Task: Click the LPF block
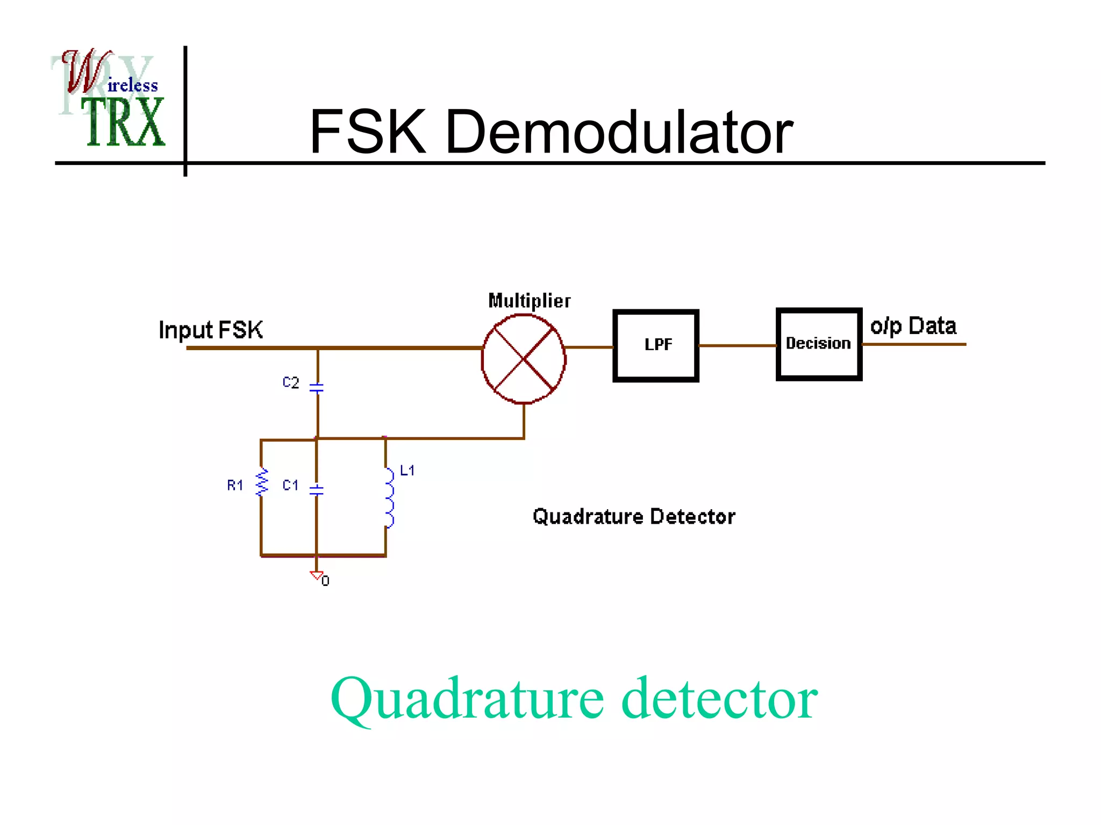coord(656,345)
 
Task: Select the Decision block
coord(819,344)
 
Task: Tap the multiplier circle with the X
coord(524,359)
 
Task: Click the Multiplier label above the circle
coord(529,301)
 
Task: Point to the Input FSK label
coord(211,330)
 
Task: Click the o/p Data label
coord(913,326)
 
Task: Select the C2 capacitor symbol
coord(317,387)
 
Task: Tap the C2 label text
coord(291,382)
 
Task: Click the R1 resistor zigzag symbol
coord(262,482)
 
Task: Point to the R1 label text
coord(235,486)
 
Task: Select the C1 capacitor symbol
coord(317,489)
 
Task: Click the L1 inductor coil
coord(389,498)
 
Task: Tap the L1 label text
coord(407,471)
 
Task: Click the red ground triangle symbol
coord(316,575)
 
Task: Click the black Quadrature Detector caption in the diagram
coord(634,517)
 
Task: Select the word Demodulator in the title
coord(619,132)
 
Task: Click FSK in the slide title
coord(368,132)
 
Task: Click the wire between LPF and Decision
coord(737,345)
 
